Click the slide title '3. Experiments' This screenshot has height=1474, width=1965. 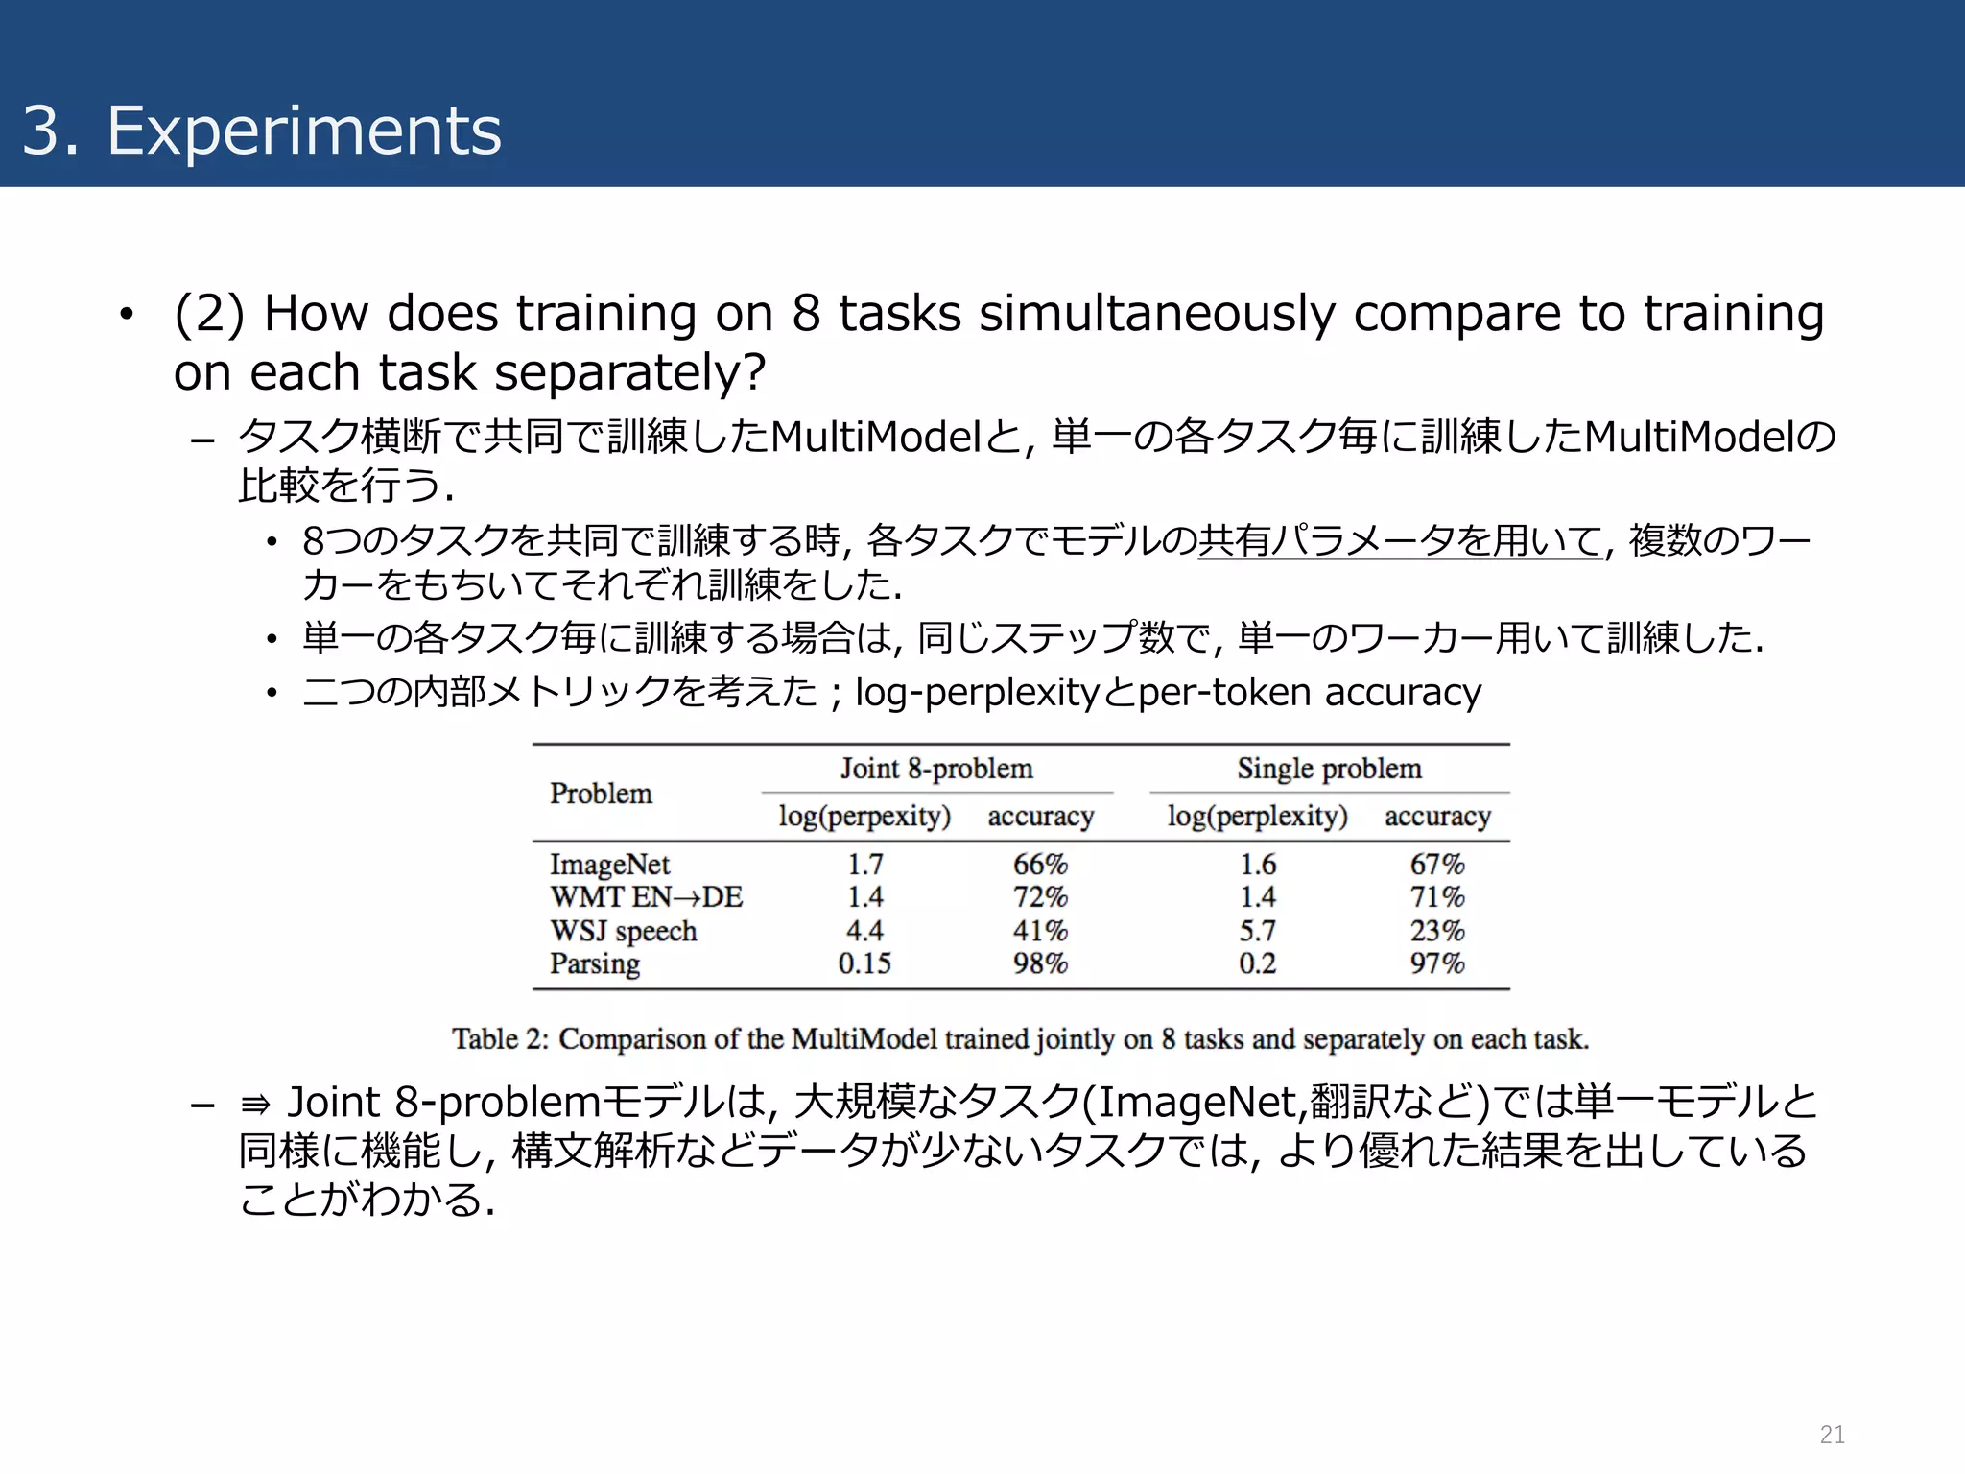coord(261,131)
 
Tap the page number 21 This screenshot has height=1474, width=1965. coord(1832,1434)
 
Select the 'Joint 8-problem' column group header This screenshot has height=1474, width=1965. coord(936,769)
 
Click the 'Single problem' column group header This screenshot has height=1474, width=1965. coord(1329,769)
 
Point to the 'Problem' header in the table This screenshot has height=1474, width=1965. coord(601,794)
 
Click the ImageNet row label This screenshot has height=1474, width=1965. coord(609,865)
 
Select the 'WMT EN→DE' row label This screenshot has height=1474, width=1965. coord(646,897)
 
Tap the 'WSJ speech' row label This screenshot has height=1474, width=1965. coord(623,931)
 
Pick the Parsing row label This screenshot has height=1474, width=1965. coord(595,963)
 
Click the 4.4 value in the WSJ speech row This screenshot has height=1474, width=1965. coord(864,931)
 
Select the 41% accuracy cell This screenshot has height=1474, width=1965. coord(1040,931)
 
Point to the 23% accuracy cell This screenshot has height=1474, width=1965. coord(1436,931)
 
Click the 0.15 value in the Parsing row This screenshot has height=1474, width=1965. coord(864,963)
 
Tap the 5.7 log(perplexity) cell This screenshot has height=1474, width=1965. coord(1257,931)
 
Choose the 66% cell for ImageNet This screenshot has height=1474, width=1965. coord(1040,865)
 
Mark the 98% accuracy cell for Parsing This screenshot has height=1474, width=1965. coord(1040,963)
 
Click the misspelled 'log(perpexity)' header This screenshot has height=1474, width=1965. coord(864,817)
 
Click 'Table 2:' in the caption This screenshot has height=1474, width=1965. coord(499,1039)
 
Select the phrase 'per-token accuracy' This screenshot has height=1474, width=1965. coord(1309,692)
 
